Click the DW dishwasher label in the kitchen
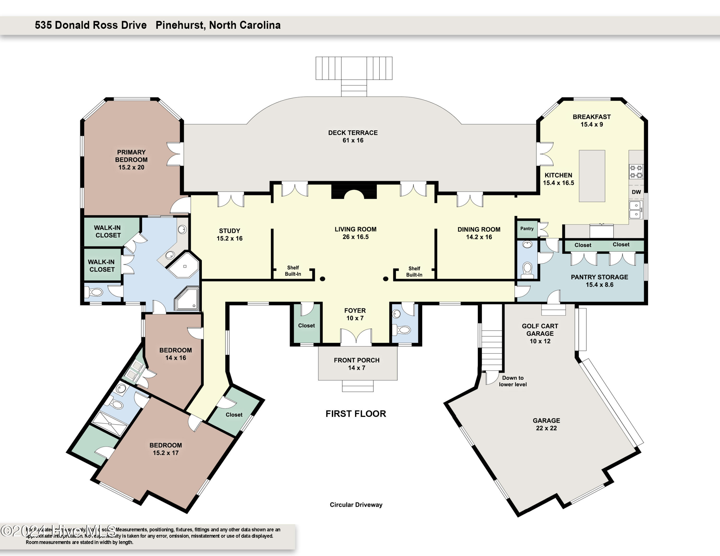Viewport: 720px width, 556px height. [636, 192]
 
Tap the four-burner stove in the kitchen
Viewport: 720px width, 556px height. [636, 172]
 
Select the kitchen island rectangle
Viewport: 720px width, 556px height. [592, 176]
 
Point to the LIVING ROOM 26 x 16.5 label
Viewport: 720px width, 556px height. [355, 233]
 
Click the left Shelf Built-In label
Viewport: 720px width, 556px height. [293, 271]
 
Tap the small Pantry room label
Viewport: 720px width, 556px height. [527, 229]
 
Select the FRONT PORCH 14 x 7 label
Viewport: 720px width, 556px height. [356, 364]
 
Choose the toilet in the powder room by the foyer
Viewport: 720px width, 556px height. [404, 329]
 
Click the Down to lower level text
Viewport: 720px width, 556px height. [513, 381]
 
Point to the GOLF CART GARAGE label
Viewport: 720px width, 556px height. [540, 333]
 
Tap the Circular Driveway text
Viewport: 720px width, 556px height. [356, 505]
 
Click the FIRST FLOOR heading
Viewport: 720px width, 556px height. [356, 414]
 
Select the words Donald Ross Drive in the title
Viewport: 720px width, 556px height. [101, 25]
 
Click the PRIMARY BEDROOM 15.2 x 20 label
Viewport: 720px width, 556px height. [131, 160]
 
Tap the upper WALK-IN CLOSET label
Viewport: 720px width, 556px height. [108, 231]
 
